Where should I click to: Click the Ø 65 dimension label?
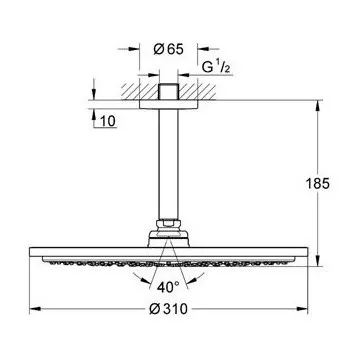168,49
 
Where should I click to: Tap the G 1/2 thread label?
216,68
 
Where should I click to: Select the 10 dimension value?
108,122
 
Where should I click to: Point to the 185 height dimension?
318,184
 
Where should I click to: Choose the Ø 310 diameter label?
168,309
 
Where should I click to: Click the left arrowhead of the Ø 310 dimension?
35,309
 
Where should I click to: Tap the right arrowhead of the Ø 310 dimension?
302,309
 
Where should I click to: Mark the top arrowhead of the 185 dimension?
318,106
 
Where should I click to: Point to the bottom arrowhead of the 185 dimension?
318,261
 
